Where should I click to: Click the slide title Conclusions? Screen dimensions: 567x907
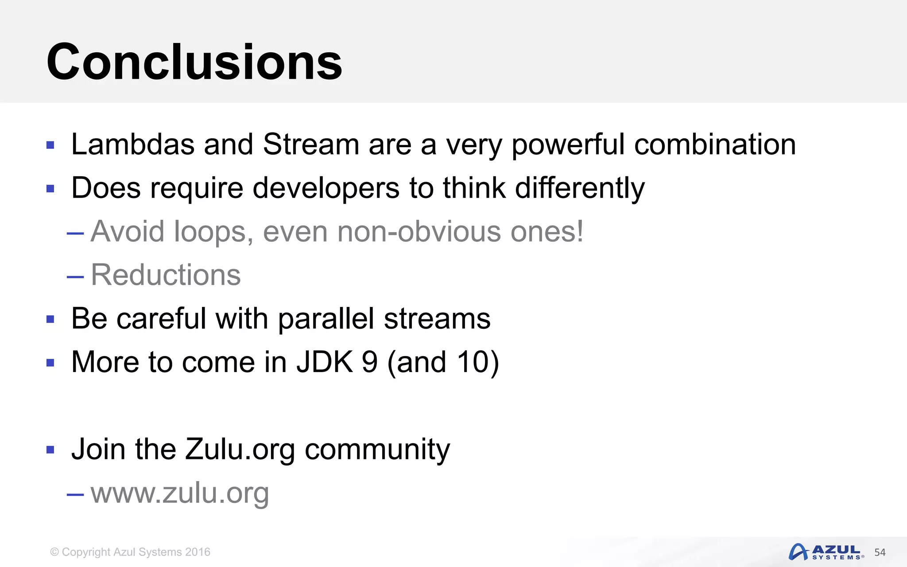pyautogui.click(x=194, y=62)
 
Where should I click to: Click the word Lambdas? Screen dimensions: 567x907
pyautogui.click(x=132, y=144)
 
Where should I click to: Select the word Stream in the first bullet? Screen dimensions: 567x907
pyautogui.click(x=310, y=144)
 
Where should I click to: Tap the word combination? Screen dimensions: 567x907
pyautogui.click(x=715, y=144)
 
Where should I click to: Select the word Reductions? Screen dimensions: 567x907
pyautogui.click(x=166, y=275)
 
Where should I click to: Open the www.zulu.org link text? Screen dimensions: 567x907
pyautogui.click(x=180, y=493)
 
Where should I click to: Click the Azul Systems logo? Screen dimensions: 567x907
pyautogui.click(x=826, y=552)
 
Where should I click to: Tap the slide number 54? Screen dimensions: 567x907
pyautogui.click(x=880, y=552)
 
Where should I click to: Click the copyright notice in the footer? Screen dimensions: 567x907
pyautogui.click(x=130, y=552)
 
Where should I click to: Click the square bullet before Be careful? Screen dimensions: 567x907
pyautogui.click(x=50, y=319)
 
